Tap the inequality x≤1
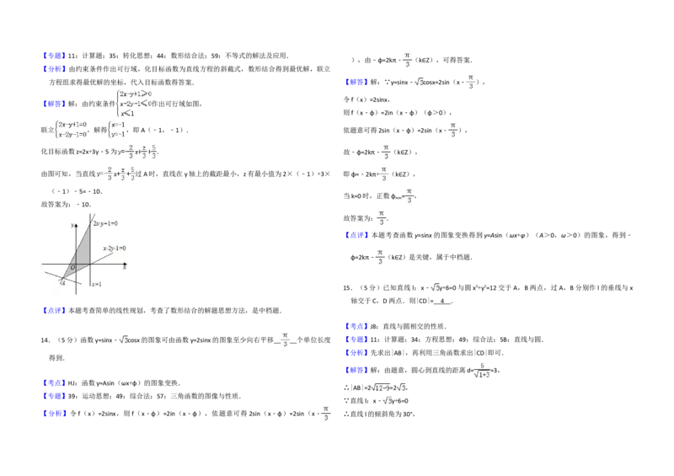pyautogui.click(x=126, y=113)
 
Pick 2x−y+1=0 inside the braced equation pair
pyautogui.click(x=72, y=124)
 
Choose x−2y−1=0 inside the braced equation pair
pyautogui.click(x=72, y=133)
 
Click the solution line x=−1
pyautogui.click(x=118, y=124)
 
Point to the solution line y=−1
pyautogui.click(x=118, y=133)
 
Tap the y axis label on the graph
pyautogui.click(x=73, y=223)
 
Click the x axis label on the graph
pyautogui.click(x=124, y=268)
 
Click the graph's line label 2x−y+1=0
pyautogui.click(x=104, y=223)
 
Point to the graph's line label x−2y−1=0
pyautogui.click(x=114, y=249)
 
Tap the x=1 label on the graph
pyautogui.click(x=96, y=284)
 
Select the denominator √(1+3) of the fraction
pyautogui.click(x=482, y=376)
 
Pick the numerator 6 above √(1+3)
pyautogui.click(x=482, y=365)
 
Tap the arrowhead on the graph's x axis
pyautogui.click(x=126, y=264)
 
